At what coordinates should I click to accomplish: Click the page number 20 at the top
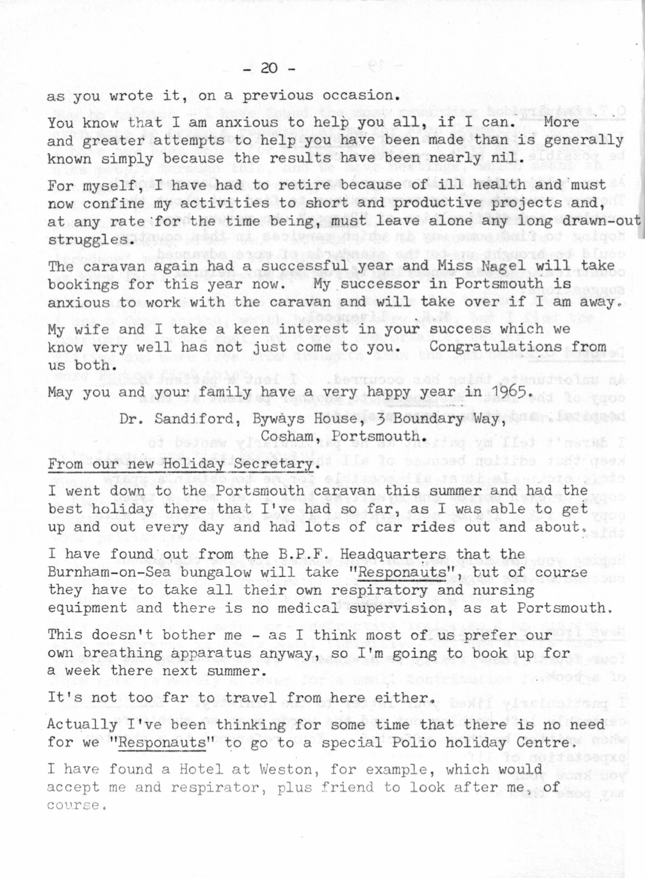click(x=269, y=68)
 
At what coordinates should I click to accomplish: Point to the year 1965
click(x=510, y=392)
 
